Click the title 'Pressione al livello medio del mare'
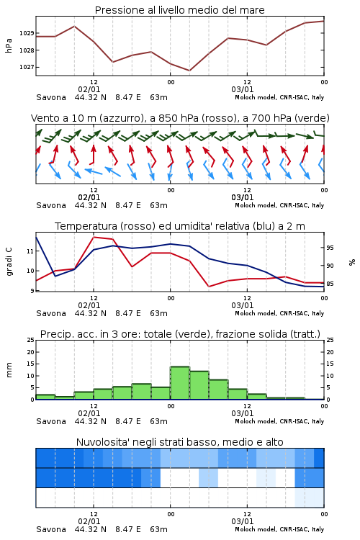click(179, 10)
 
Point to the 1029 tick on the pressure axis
click(27, 33)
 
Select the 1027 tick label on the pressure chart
click(27, 67)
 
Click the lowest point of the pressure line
click(189, 71)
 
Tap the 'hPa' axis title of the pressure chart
click(9, 45)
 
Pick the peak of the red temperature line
click(94, 237)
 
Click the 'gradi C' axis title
click(9, 261)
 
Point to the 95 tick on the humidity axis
click(330, 248)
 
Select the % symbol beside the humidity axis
click(352, 262)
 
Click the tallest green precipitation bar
click(180, 383)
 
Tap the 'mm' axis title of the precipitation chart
click(9, 370)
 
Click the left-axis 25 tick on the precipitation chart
click(31, 340)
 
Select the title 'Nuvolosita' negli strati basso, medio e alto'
click(179, 442)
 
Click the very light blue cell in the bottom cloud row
click(310, 498)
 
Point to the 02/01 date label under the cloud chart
click(89, 521)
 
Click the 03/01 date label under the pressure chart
click(243, 89)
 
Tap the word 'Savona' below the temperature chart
click(51, 313)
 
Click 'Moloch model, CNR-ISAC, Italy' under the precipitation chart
click(279, 421)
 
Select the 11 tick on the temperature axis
click(30, 251)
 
